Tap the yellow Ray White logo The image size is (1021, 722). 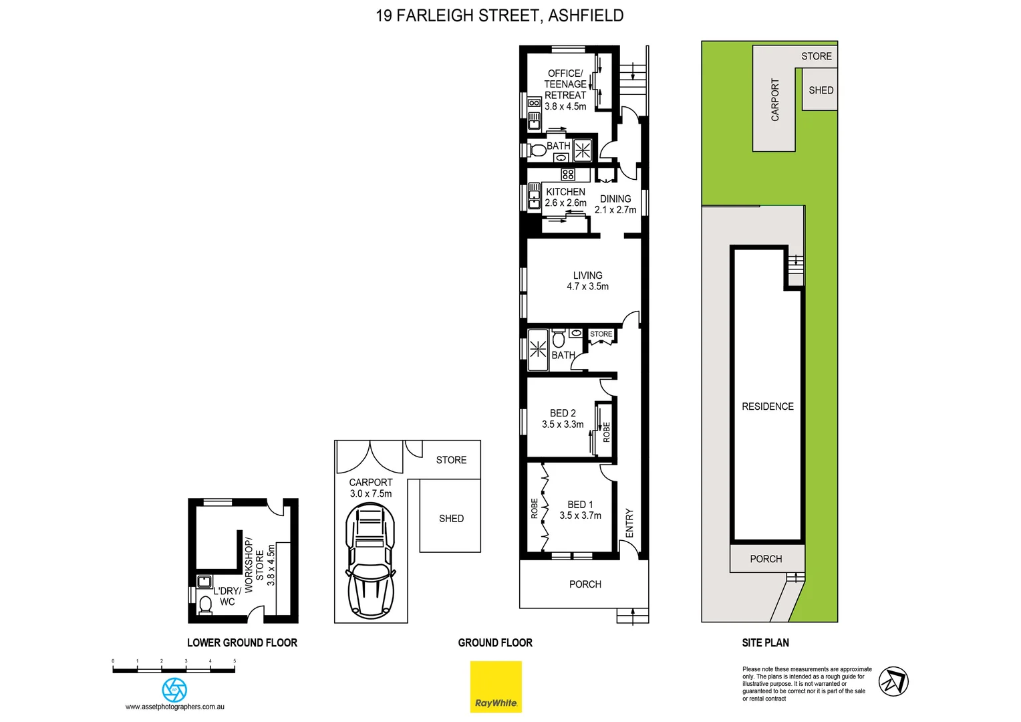coord(496,687)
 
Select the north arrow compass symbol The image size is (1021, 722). coord(893,681)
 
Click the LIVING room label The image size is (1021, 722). coord(587,275)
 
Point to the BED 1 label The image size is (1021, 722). coord(580,505)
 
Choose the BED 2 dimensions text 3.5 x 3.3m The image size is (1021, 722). coord(563,425)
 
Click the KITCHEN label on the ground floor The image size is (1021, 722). coord(565,192)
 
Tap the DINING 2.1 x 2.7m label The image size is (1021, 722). coord(615,205)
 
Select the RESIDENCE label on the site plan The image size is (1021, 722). coord(768,406)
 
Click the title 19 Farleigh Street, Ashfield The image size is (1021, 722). coord(500,15)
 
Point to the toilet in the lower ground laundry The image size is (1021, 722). coord(206,604)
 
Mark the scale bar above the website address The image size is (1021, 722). coord(174,669)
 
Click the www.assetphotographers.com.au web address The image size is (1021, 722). coord(175,707)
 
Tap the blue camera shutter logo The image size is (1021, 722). coord(174,689)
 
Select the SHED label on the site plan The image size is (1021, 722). coord(821,90)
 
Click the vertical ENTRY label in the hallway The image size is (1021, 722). coord(629,523)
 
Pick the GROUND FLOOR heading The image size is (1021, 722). coord(495,642)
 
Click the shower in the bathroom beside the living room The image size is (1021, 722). coord(538,350)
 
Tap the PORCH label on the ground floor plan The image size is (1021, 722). coord(585,584)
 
